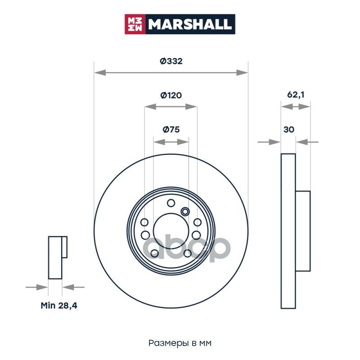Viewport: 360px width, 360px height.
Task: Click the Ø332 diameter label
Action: click(171, 61)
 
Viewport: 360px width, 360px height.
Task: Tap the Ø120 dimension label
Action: click(171, 95)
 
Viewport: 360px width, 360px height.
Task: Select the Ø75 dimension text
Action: click(171, 130)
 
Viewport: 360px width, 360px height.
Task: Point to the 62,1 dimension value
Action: click(296, 94)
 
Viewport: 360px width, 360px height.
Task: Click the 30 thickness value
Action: click(288, 130)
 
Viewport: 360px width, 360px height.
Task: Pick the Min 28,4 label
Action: click(59, 306)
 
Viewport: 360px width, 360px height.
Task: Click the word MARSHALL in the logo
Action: click(190, 24)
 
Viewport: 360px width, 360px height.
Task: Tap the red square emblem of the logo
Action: click(135, 24)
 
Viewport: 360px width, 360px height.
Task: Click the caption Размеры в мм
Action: click(180, 343)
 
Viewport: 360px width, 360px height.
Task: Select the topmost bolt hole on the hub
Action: click(171, 203)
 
